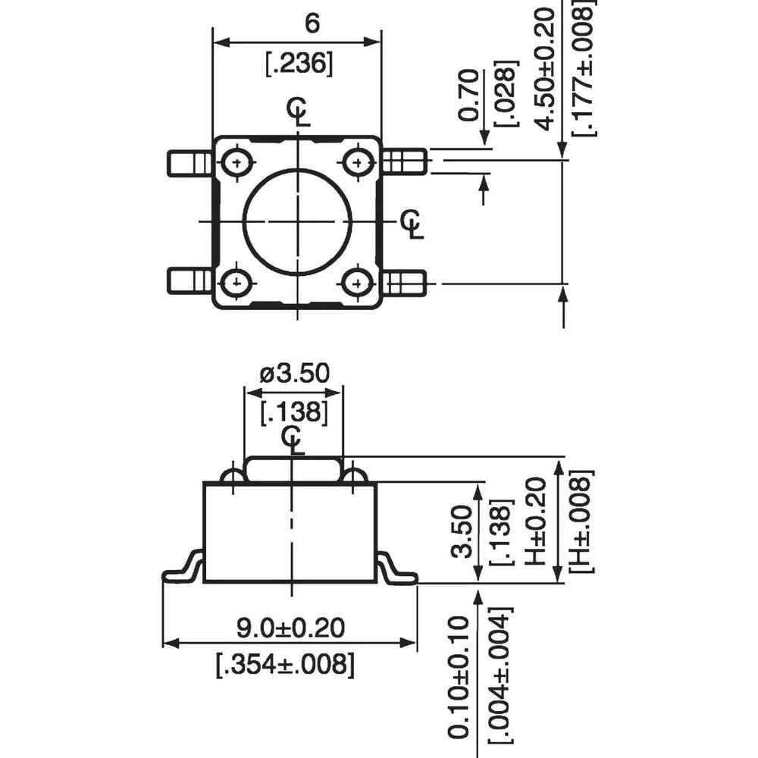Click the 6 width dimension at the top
(x=312, y=23)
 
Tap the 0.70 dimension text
(x=470, y=95)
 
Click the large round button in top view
(x=297, y=221)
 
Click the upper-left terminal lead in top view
(x=189, y=162)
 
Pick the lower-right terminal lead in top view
(x=404, y=282)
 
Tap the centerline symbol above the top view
(x=298, y=111)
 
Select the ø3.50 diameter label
(x=294, y=374)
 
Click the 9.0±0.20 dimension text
(x=290, y=628)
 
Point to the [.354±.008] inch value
(x=284, y=665)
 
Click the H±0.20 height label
(x=535, y=522)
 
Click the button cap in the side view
(x=294, y=468)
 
